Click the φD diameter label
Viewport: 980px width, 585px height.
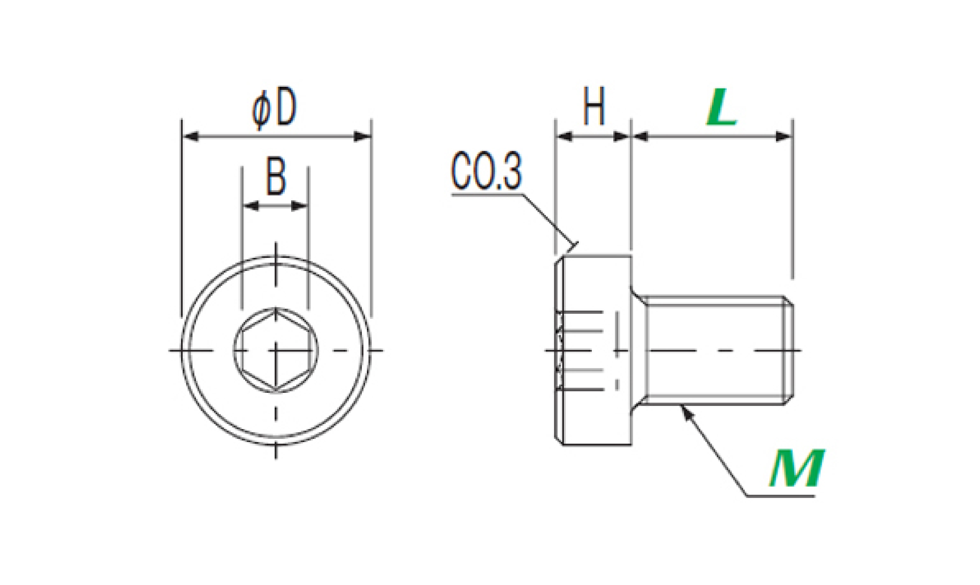[x=274, y=107]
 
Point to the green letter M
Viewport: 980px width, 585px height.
[x=796, y=469]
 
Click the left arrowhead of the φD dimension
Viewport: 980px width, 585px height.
[x=191, y=137]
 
